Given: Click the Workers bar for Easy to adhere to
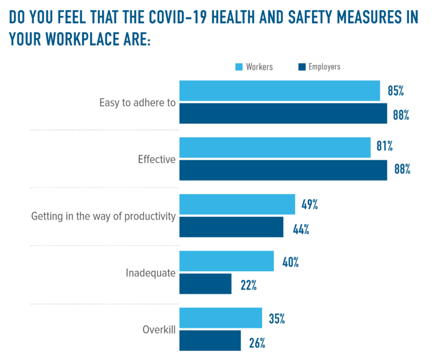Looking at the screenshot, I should pos(280,91).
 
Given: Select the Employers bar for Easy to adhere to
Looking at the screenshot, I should pos(283,113).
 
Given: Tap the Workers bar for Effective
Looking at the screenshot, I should pos(275,148).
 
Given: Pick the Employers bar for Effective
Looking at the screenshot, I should pos(283,170).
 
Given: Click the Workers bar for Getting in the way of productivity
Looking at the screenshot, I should pos(237,204).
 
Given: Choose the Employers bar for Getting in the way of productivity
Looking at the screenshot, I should pos(231,227).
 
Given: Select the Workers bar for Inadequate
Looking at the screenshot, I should pos(227,262).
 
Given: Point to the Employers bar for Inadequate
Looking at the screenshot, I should pos(206,284).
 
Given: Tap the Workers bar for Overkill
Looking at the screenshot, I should pos(221,318).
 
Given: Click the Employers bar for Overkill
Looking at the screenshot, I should pos(210,341).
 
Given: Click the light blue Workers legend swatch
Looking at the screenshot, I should pos(238,67).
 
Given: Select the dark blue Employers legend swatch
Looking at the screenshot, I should pos(301,67).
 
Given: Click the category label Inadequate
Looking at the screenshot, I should pos(150,273).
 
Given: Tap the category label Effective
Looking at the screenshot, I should pos(157,160).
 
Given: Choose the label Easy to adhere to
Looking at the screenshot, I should pos(138,103).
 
